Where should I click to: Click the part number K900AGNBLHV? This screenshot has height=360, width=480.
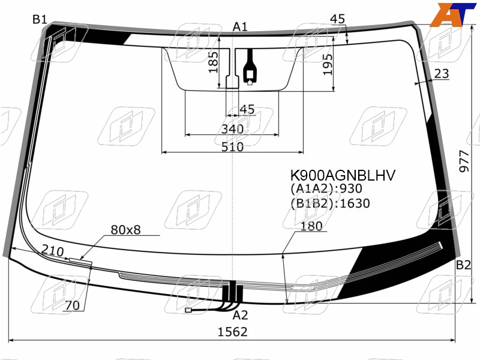(343, 176)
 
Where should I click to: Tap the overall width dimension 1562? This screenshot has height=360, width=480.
(232, 332)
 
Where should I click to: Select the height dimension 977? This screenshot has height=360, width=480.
(464, 161)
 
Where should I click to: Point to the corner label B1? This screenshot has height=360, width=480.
(40, 20)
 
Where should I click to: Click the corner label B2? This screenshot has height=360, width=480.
(463, 265)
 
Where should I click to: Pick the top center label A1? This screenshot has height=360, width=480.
(240, 27)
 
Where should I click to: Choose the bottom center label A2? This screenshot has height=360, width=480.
(241, 315)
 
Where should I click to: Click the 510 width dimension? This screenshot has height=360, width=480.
(233, 147)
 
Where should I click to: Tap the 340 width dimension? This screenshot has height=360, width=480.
(232, 129)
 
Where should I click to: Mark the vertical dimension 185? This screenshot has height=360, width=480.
(214, 62)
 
